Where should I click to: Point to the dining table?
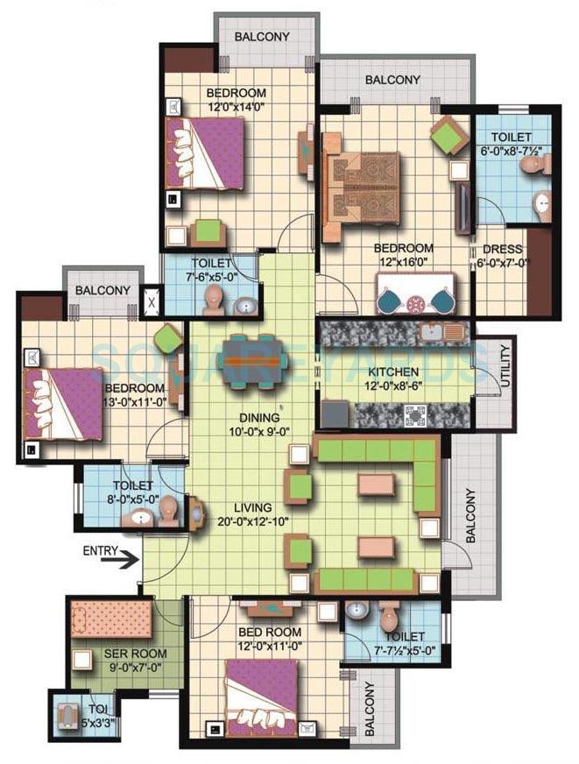251,359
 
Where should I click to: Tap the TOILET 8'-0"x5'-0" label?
132,492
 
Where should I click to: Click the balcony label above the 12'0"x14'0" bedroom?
265,38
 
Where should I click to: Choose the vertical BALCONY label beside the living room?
471,516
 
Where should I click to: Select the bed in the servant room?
110,620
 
